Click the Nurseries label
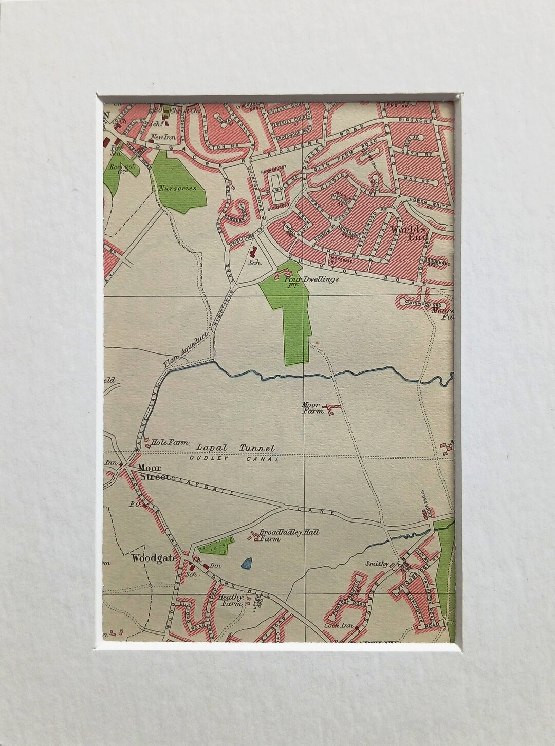pos(177,188)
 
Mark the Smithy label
pos(377,563)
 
